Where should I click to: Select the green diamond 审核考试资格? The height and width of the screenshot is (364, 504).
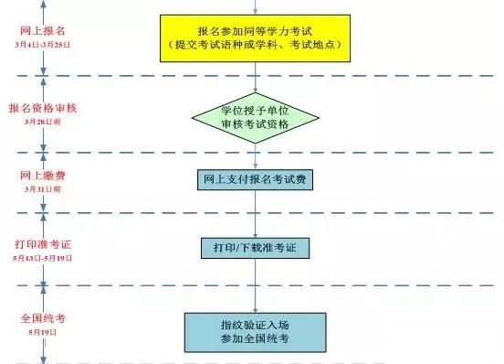tap(255, 120)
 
